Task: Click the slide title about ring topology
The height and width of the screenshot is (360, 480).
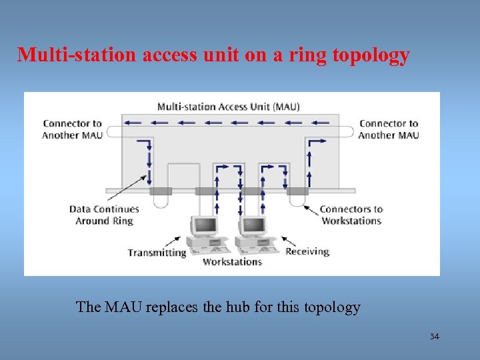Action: pyautogui.click(x=213, y=55)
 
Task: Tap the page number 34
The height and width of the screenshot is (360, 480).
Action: pyautogui.click(x=435, y=337)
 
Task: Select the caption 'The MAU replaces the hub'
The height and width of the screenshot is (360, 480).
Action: pyautogui.click(x=218, y=307)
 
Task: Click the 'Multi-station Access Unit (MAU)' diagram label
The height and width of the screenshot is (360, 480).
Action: pyautogui.click(x=228, y=107)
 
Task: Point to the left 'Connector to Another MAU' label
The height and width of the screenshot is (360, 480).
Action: pyautogui.click(x=72, y=129)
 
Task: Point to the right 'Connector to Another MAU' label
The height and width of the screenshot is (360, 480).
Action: pyautogui.click(x=389, y=129)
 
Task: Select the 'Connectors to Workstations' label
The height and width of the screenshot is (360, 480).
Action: pyautogui.click(x=351, y=215)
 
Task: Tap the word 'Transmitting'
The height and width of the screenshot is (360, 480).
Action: pyautogui.click(x=157, y=253)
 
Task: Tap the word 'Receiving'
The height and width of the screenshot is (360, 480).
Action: pyautogui.click(x=307, y=251)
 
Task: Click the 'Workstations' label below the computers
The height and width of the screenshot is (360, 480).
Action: pyautogui.click(x=232, y=262)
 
